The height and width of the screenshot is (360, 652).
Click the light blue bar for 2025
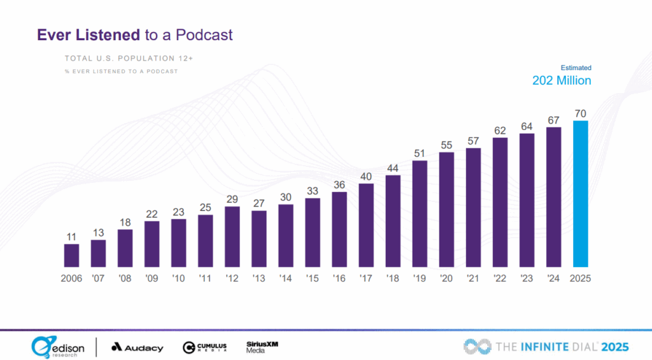pos(580,194)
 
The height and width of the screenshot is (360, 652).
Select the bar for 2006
pos(71,255)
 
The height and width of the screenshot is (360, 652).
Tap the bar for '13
pos(259,238)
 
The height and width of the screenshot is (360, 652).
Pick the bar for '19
pos(420,213)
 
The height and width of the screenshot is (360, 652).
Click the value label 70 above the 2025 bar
pos(580,113)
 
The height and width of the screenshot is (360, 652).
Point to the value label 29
pos(232,199)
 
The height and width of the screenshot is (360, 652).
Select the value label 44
pos(393,168)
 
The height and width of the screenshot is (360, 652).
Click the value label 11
pos(71,236)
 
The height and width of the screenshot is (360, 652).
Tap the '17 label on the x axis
pos(366,278)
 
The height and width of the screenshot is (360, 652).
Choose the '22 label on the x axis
pos(500,278)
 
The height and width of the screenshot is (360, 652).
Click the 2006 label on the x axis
pos(71,278)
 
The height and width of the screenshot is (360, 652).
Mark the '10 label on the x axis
pos(179,278)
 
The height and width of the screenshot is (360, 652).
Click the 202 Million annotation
pos(562,81)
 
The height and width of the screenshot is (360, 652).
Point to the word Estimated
pos(576,68)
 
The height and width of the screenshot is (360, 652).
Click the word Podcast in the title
pos(205,34)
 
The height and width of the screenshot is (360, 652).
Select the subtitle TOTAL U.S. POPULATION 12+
pos(129,58)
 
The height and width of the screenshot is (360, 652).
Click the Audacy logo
pos(137,348)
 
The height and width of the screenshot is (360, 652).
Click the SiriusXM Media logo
pos(262,347)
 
